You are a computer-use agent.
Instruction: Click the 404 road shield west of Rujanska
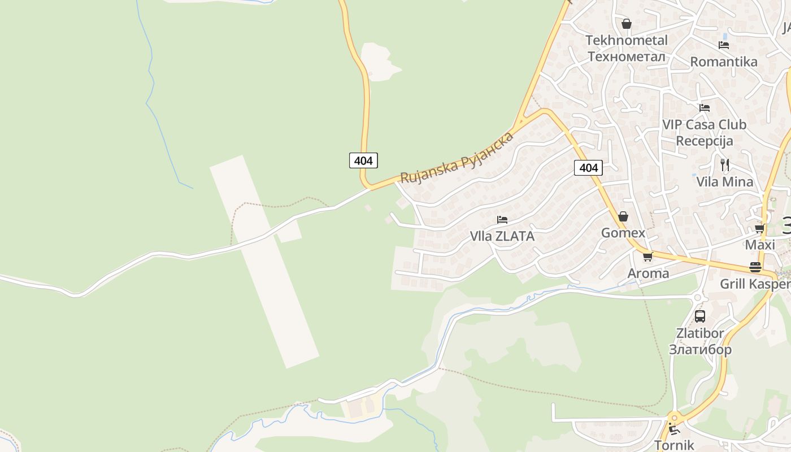363,160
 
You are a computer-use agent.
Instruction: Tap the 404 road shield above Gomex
588,167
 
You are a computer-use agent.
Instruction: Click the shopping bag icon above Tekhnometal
626,24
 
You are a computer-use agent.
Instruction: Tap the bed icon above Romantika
723,45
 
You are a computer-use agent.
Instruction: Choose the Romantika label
724,62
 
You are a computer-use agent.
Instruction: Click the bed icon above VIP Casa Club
704,107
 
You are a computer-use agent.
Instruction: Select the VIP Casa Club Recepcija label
705,132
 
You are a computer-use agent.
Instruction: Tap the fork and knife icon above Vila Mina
725,165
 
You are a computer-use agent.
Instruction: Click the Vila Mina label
725,181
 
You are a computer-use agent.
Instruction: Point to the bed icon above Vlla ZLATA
502,219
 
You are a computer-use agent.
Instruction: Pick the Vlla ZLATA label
502,236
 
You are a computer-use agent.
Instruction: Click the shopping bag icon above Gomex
623,216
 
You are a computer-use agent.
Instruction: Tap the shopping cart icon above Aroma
647,257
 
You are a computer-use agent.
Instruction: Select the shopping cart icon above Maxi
759,228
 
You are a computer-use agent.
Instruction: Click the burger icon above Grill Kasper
755,267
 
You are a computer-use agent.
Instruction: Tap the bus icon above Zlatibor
700,316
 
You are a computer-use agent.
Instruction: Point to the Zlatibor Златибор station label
700,341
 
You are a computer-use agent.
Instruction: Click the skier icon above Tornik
673,429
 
